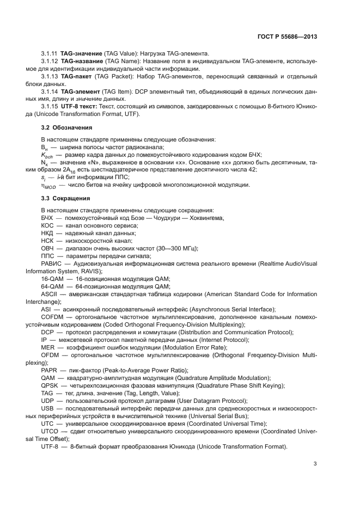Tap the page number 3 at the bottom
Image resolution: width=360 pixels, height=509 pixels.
[x=315, y=464]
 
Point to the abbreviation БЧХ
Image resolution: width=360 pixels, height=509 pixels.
[x=47, y=218]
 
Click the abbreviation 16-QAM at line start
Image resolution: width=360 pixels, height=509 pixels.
[x=52, y=279]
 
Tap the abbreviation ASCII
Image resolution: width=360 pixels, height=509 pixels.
[x=49, y=294]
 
